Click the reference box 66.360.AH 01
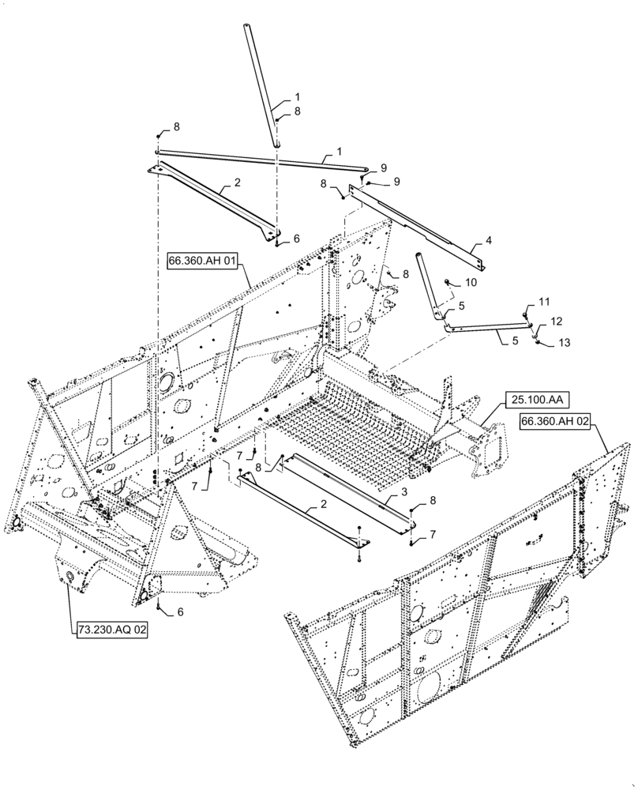(x=202, y=261)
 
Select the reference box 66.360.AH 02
(x=555, y=422)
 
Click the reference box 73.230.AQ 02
(x=111, y=630)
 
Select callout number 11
(x=543, y=303)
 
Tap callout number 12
(x=557, y=322)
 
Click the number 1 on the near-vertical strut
(x=297, y=96)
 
